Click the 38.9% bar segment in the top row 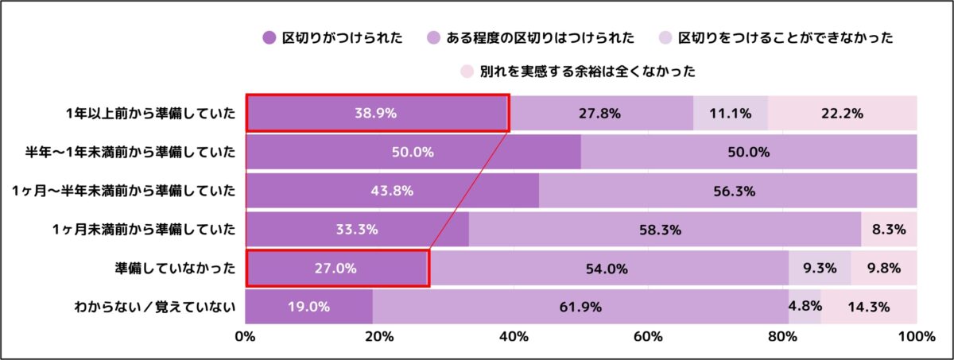(x=376, y=113)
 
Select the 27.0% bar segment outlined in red (x=337, y=269)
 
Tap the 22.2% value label (x=843, y=113)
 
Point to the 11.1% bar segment (x=731, y=113)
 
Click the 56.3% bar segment (x=727, y=191)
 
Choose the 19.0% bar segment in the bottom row (x=308, y=307)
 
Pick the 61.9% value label (x=580, y=307)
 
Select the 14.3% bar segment (x=869, y=307)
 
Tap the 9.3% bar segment (x=820, y=269)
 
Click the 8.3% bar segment (x=889, y=230)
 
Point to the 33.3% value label (x=357, y=230)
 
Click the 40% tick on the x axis (x=514, y=336)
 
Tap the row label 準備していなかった (x=175, y=269)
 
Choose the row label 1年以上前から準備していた (x=151, y=113)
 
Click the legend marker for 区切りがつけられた (x=269, y=37)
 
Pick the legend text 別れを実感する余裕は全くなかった (x=588, y=72)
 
